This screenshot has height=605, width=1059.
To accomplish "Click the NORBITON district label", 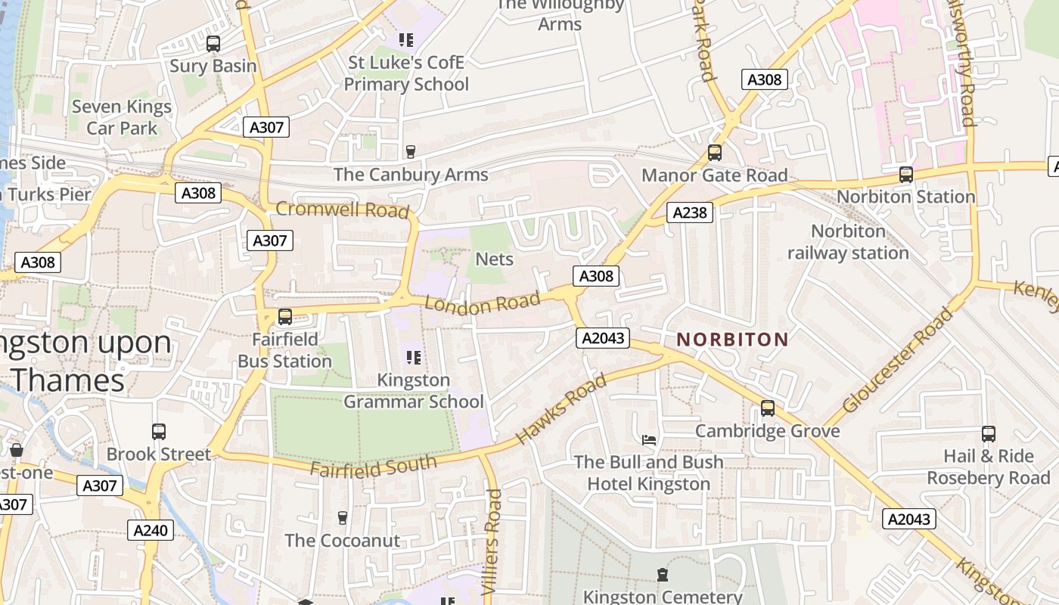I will coord(732,340).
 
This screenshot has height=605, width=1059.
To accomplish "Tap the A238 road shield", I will coord(691,213).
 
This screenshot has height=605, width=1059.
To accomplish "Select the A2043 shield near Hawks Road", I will coord(603,337).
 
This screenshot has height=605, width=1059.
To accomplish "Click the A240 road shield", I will coord(150,530).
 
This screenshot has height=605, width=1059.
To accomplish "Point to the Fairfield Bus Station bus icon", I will coord(285,317).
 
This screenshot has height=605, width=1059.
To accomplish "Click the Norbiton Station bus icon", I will coord(906,175).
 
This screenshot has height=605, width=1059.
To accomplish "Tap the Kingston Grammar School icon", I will coord(413,358).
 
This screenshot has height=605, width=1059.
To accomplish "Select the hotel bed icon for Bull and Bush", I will coord(649,439).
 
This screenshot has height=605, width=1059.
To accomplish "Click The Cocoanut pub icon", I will coord(343,518).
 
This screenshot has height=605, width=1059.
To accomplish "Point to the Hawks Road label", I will coord(561,408).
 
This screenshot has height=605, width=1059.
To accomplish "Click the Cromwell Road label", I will coord(342,209).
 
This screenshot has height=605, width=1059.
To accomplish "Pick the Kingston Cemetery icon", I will coord(663,575).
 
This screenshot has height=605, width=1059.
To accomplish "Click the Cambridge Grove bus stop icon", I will coord(768,408).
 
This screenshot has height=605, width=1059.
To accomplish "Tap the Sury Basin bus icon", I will coord(213,44).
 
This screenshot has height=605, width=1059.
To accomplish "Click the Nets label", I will coord(494,259).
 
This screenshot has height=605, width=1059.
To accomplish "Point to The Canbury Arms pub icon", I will coord(411,152).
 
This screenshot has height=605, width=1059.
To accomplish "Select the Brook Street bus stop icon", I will coord(159,432).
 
